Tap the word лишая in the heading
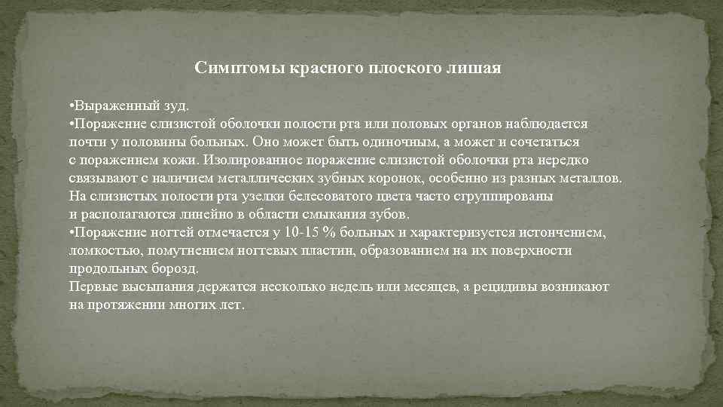pos(474,69)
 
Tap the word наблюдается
pos(548,124)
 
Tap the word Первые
pos(92,286)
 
